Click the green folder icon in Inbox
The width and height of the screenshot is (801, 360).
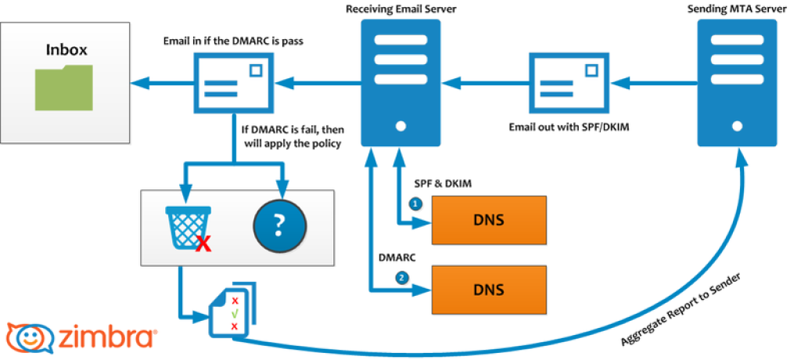click(x=63, y=88)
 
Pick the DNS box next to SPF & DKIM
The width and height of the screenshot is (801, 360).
click(x=489, y=219)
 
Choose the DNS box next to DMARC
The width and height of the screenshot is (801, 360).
click(x=489, y=289)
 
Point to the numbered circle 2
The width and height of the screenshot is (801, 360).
click(x=402, y=276)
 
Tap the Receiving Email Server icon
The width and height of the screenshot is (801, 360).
click(x=400, y=82)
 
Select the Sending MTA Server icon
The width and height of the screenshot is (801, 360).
click(x=737, y=82)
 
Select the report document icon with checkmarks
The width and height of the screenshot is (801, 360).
click(x=232, y=312)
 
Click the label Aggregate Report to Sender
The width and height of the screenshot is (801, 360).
click(x=681, y=310)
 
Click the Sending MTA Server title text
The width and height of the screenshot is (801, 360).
click(x=737, y=9)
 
